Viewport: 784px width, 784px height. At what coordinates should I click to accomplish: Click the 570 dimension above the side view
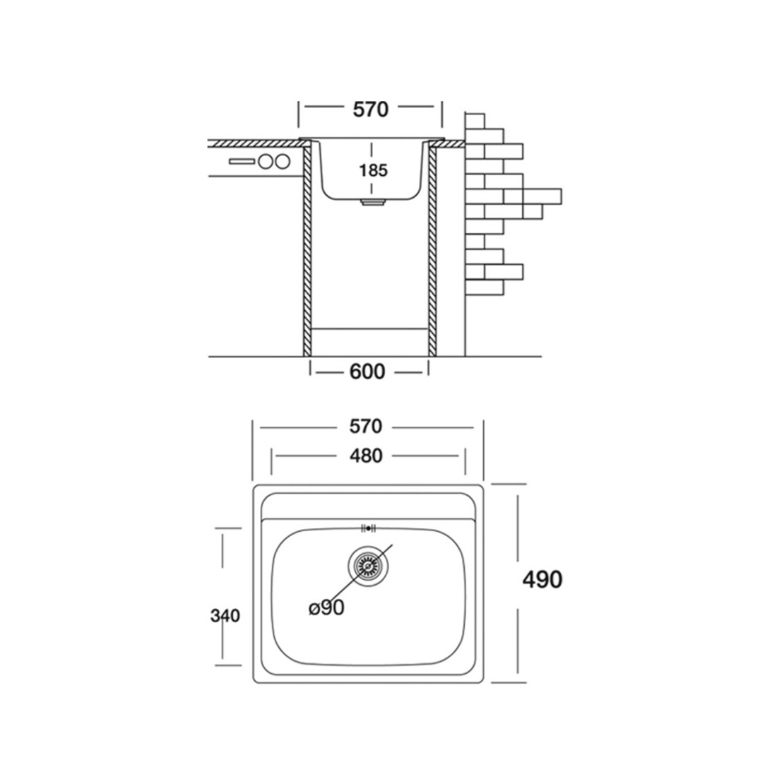(371, 109)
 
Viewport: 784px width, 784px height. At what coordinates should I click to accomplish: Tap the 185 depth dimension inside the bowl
(374, 170)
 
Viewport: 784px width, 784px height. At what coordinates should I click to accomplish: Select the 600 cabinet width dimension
(367, 372)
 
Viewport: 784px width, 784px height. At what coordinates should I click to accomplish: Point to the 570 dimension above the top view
(366, 426)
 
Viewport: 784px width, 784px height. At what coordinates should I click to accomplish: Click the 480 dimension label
(367, 456)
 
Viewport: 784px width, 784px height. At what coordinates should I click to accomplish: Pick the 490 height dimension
(542, 579)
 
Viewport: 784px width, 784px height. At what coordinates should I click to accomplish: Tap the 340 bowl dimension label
(225, 615)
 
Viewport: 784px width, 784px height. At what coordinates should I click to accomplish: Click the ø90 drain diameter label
(326, 607)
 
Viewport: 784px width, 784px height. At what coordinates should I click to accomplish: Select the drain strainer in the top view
(368, 566)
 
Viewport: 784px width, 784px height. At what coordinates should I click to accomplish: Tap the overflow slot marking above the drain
(369, 528)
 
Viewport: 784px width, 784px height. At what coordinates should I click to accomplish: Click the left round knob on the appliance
(264, 162)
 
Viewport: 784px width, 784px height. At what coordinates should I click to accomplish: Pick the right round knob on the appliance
(282, 162)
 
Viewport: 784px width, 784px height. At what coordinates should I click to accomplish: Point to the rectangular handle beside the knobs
(242, 161)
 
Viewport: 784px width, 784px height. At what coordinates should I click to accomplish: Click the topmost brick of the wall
(475, 121)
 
